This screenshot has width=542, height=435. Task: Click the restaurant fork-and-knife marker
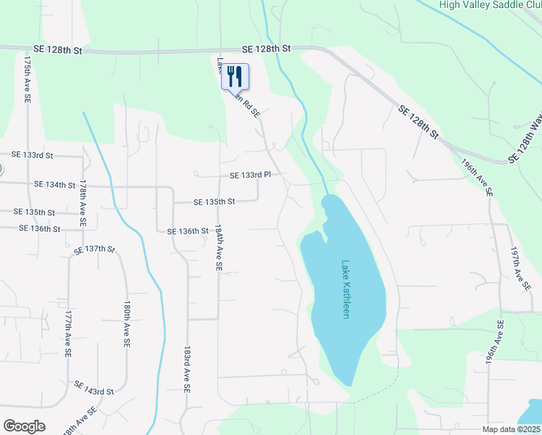click(235, 75)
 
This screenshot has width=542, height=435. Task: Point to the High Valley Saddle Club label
click(490, 4)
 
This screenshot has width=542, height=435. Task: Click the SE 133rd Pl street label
click(249, 175)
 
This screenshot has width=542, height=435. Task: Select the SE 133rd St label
click(33, 155)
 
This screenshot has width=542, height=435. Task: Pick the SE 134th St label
click(54, 186)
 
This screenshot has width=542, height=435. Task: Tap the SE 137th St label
click(95, 250)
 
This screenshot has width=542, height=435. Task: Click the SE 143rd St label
click(93, 391)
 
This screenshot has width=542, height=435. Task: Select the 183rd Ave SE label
click(187, 368)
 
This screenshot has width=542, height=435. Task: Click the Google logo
click(24, 426)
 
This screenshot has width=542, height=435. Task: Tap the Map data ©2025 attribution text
click(511, 429)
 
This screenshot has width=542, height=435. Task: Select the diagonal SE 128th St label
click(419, 121)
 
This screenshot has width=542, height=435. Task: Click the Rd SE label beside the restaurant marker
click(251, 107)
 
